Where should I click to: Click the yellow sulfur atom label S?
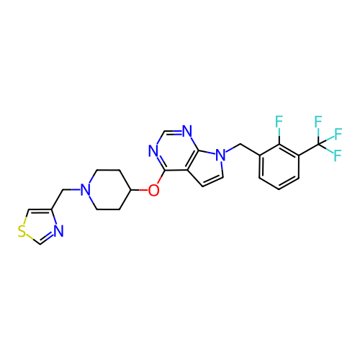tap(22, 231)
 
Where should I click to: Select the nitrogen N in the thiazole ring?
tap(58, 231)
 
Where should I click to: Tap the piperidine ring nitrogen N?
tap(86, 190)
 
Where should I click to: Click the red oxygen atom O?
tap(153, 190)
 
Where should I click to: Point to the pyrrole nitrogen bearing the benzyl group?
tap(221, 155)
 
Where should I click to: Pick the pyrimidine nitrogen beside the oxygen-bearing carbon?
tap(153, 151)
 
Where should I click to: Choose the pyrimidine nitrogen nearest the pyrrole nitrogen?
tap(187, 131)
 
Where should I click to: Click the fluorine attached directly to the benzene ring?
tap(279, 122)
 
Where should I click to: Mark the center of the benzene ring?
tap(279, 167)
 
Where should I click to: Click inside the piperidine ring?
tap(108, 190)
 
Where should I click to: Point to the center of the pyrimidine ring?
tap(176, 151)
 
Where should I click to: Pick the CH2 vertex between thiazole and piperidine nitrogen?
tap(63, 190)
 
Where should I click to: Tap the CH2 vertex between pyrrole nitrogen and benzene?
tap(240, 144)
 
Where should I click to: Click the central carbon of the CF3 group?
tap(318, 144)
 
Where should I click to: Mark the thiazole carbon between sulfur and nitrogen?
tap(40, 244)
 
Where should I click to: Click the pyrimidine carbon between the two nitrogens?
tap(165, 131)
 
